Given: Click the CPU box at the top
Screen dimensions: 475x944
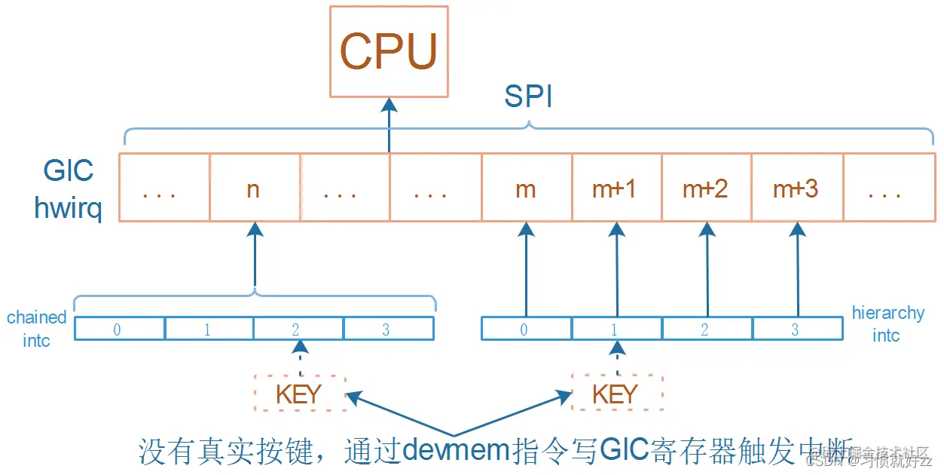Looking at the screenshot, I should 389,51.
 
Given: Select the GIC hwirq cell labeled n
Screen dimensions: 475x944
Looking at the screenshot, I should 254,188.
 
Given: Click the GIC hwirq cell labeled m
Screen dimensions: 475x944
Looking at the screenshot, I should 526,188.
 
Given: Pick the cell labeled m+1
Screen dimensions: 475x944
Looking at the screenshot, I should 616,188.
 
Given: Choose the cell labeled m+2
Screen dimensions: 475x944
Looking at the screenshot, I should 706,188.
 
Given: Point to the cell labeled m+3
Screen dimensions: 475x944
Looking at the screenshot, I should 796,188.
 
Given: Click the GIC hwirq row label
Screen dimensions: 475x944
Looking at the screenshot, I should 68,188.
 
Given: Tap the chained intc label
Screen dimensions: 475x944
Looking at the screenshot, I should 36,329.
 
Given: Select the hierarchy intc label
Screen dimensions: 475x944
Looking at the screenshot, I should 887,323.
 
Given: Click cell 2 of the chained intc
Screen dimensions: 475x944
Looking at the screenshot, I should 298,329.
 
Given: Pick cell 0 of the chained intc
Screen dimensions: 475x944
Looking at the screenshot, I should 118,329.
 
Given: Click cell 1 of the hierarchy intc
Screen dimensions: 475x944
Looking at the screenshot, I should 616,329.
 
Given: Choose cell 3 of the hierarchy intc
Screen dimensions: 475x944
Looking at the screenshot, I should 796,329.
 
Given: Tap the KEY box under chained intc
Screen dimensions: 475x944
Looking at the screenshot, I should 300,393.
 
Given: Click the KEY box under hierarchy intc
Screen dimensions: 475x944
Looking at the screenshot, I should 616,393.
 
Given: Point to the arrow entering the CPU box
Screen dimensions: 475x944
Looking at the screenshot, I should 389,124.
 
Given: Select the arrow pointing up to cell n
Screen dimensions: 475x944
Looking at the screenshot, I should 255,256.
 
